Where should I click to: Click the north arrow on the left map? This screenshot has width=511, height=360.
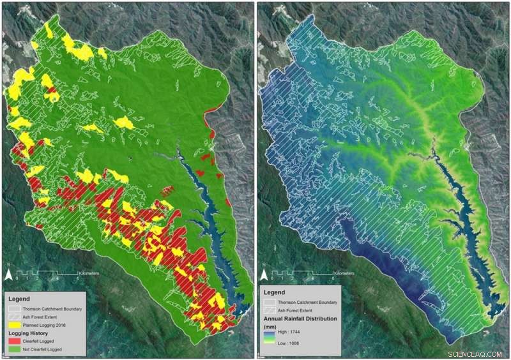9,275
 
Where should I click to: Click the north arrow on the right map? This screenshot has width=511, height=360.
263,275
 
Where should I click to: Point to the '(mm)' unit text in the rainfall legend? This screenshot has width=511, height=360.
271,325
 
